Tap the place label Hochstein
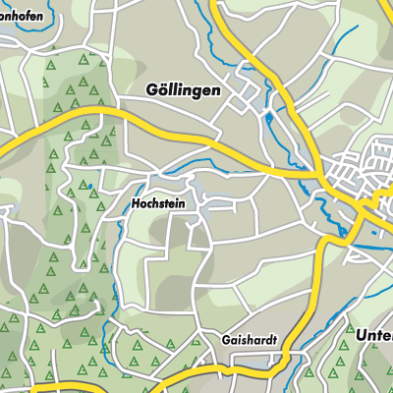tap(157, 205)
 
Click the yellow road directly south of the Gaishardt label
tap(246, 365)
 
